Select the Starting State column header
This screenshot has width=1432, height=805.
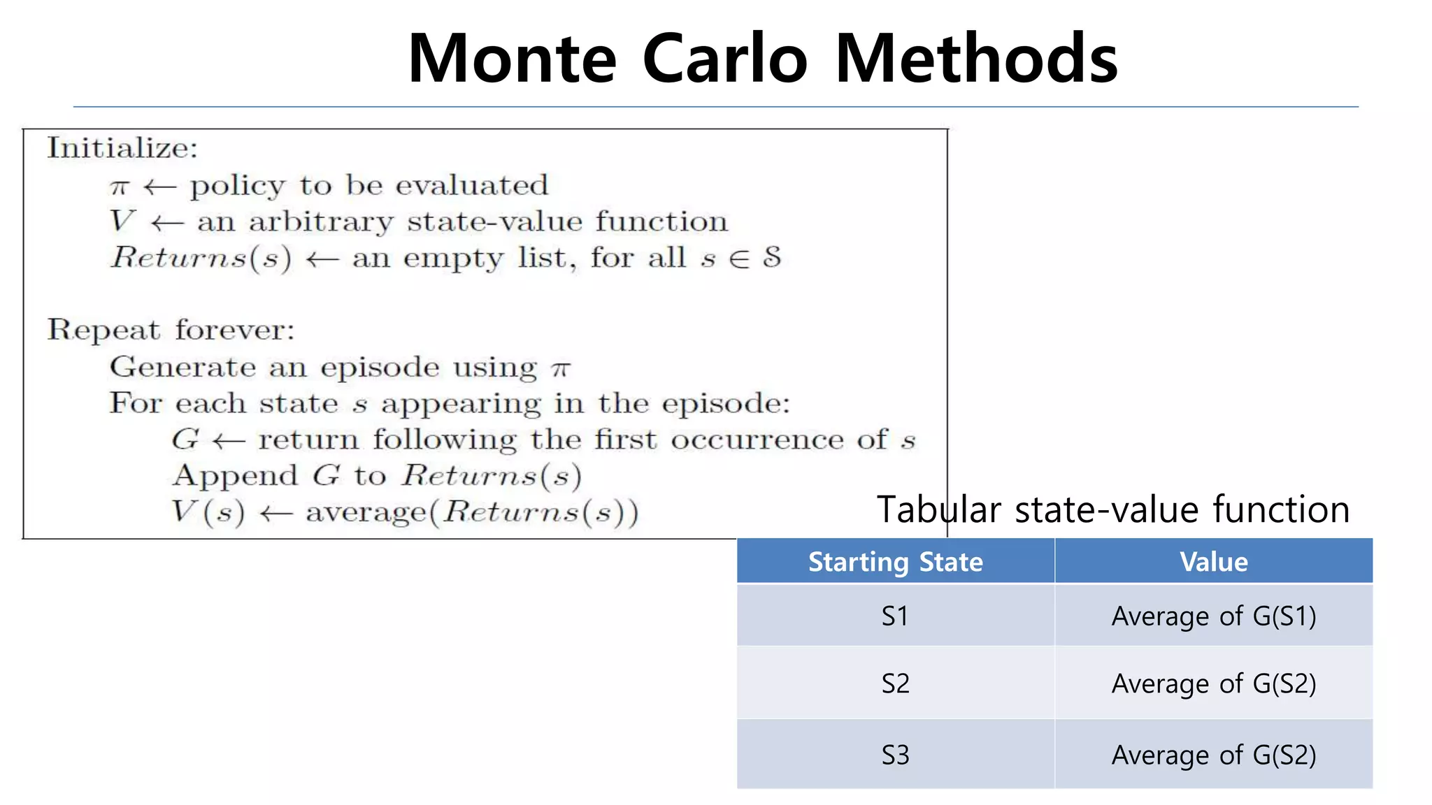(x=895, y=562)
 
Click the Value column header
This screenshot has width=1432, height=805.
(x=1213, y=562)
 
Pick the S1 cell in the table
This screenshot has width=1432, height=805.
(x=895, y=616)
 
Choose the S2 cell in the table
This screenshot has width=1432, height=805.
(x=895, y=683)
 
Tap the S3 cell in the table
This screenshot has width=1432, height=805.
(x=895, y=755)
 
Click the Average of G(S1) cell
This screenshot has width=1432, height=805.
(x=1213, y=616)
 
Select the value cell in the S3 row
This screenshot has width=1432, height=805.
(x=1213, y=755)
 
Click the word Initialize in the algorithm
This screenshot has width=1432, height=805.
(x=122, y=148)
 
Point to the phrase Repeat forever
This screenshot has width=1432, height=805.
(x=171, y=330)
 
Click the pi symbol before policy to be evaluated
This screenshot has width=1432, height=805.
(x=120, y=187)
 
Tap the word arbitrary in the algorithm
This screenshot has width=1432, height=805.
(x=321, y=222)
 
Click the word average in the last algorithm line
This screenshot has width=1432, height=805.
(x=366, y=513)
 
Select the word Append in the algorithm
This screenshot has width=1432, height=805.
(x=236, y=477)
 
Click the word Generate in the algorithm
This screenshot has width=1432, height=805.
(x=182, y=367)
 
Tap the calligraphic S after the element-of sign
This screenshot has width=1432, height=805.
(x=771, y=257)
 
